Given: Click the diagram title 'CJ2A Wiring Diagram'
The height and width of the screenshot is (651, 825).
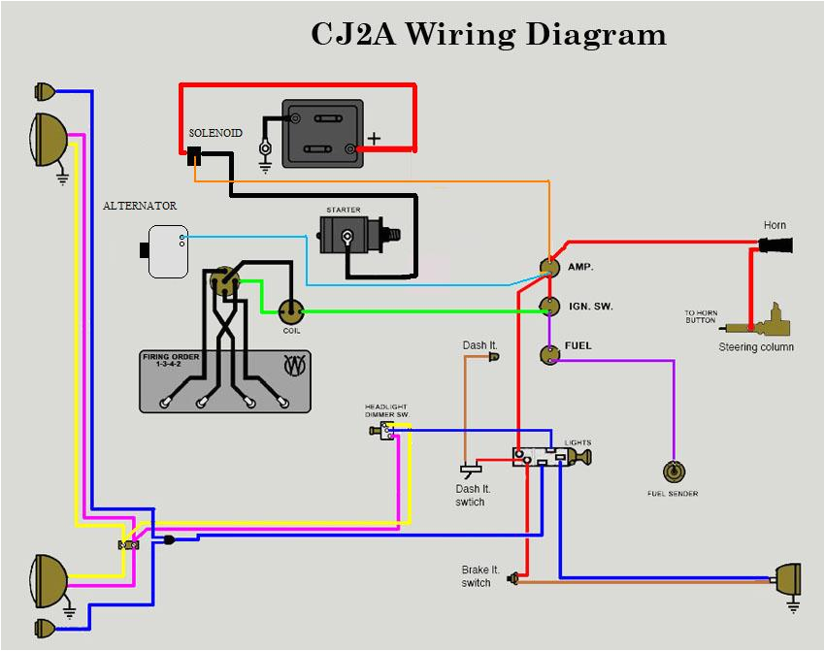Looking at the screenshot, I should click(488, 34).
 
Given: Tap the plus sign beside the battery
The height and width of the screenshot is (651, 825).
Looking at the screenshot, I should click(375, 139).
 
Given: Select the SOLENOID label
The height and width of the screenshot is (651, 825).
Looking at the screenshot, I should click(215, 131).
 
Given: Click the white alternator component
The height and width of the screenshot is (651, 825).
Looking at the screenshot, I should click(166, 251).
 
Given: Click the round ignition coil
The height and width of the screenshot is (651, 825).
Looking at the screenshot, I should click(291, 310).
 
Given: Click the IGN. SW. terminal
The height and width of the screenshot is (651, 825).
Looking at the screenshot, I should click(550, 308).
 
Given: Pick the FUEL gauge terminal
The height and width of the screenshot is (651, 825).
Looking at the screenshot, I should click(550, 353).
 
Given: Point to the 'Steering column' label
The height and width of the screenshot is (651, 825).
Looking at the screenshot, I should click(755, 347).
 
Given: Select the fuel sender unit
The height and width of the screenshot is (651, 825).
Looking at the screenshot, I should click(673, 472).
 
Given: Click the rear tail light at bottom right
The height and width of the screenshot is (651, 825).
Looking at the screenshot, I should click(788, 579).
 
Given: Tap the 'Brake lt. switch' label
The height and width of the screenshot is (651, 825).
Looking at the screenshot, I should click(476, 576).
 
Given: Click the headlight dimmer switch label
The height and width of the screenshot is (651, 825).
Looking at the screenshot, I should click(387, 409).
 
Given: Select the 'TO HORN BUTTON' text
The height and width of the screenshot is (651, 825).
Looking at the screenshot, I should click(700, 316).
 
